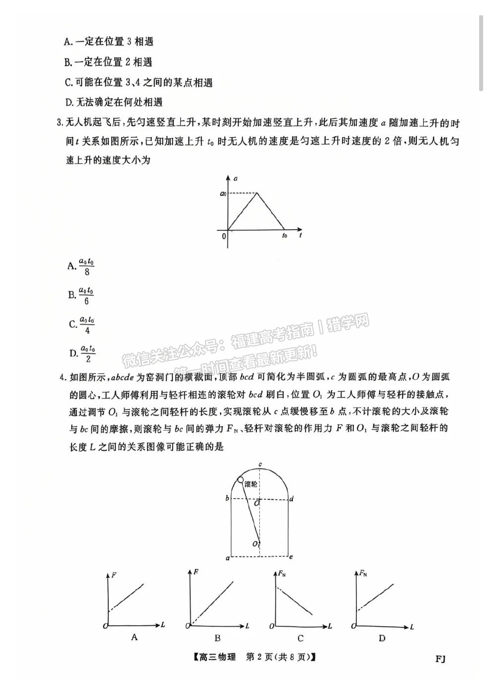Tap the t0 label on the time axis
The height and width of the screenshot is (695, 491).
pyautogui.click(x=285, y=236)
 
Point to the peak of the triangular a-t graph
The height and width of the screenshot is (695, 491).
pyautogui.click(x=256, y=193)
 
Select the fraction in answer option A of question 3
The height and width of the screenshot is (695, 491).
pyautogui.click(x=87, y=266)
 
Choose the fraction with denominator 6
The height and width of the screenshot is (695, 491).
pyautogui.click(x=87, y=295)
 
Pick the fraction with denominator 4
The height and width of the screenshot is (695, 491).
pyautogui.click(x=88, y=324)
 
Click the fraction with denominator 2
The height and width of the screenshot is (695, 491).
pyautogui.click(x=88, y=353)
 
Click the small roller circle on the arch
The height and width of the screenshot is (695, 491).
pyautogui.click(x=240, y=480)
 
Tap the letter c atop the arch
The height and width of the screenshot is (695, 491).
pyautogui.click(x=260, y=465)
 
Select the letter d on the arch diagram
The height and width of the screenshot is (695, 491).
pyautogui.click(x=292, y=498)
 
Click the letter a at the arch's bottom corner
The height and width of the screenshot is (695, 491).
pyautogui.click(x=227, y=558)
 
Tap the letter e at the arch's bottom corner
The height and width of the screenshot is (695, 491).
pyautogui.click(x=291, y=557)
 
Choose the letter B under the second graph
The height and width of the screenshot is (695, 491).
pyautogui.click(x=217, y=638)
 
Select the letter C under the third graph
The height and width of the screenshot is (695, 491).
pyautogui.click(x=300, y=638)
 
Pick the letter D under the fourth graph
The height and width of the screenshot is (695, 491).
pyautogui.click(x=382, y=638)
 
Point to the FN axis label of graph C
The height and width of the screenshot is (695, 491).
pyautogui.click(x=281, y=574)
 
